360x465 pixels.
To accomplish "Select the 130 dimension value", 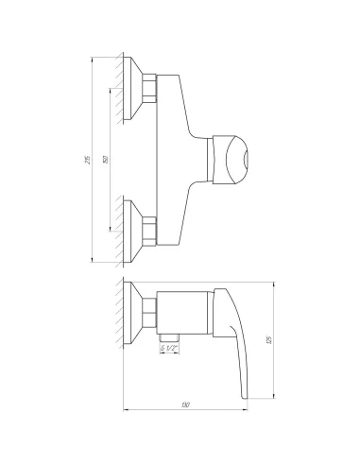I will click(186, 405).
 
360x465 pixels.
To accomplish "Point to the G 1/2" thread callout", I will click(170, 350).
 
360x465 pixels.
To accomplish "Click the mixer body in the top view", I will click(180, 151).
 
